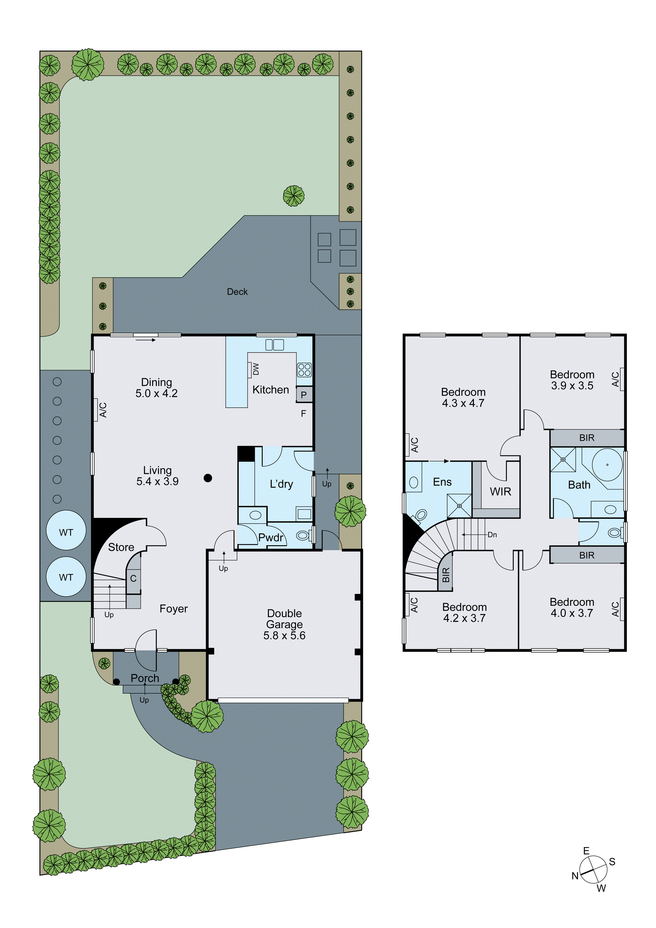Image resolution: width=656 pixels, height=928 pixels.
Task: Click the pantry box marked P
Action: (x=304, y=395)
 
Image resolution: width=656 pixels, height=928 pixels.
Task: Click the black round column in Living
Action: (x=208, y=478)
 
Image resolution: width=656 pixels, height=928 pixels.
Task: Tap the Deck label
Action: (x=237, y=292)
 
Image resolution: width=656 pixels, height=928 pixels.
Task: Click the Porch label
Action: (x=145, y=678)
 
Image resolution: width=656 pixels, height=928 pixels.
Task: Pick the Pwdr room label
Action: (x=271, y=538)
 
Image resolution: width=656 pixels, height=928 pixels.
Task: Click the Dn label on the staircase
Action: (x=492, y=535)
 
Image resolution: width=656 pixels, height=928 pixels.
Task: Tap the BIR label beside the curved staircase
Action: (x=446, y=575)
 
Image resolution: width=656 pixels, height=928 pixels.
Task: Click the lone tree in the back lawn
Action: (x=293, y=196)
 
